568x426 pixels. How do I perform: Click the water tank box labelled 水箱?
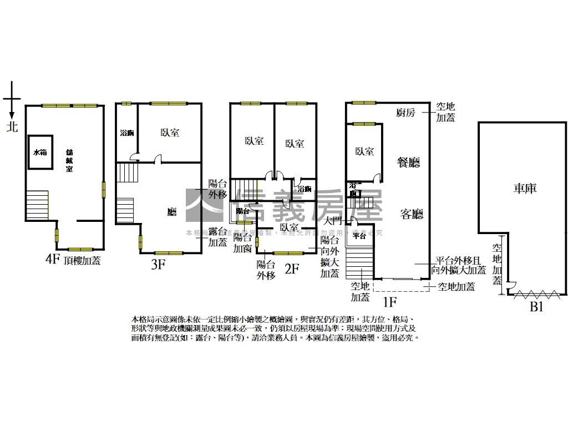(x=40, y=152)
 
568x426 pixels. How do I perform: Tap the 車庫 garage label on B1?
(x=524, y=189)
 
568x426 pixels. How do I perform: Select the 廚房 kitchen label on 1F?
(x=405, y=113)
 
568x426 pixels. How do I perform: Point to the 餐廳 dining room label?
(x=409, y=162)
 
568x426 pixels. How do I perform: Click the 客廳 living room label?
(x=412, y=214)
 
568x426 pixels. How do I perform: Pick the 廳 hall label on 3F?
(x=172, y=212)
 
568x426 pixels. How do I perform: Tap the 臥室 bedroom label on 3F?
(x=170, y=133)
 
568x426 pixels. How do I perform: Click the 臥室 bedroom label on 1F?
(x=364, y=151)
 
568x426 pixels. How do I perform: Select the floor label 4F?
(x=52, y=259)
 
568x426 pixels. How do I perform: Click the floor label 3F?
(x=158, y=265)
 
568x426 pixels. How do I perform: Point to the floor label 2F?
(x=292, y=270)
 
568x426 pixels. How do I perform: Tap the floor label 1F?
(x=390, y=302)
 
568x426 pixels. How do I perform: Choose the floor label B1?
(x=536, y=307)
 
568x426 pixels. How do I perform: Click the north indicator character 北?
(x=12, y=127)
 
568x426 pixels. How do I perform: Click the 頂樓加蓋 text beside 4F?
(x=82, y=260)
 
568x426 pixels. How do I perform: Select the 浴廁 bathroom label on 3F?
(x=127, y=133)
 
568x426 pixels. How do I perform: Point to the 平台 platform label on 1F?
(x=359, y=236)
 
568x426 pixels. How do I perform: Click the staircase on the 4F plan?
(x=37, y=205)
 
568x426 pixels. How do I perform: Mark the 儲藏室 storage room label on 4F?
(x=69, y=160)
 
